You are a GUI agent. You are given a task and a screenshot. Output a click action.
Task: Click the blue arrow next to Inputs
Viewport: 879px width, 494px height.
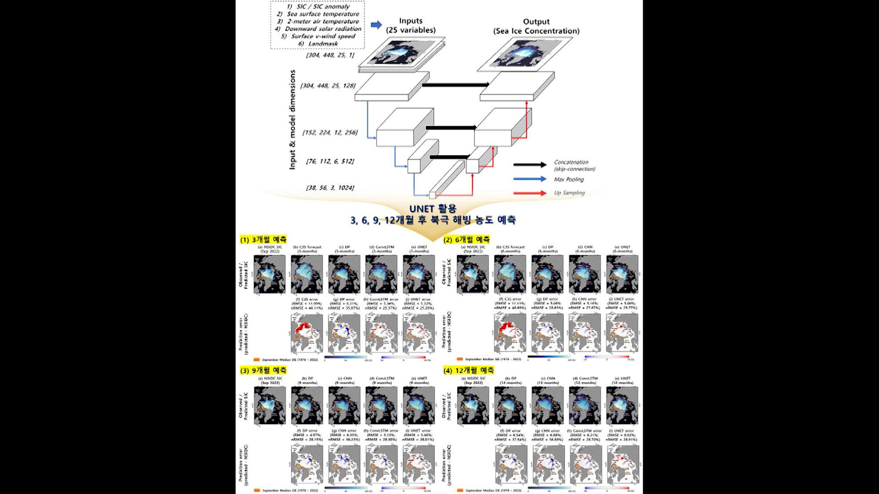click(x=376, y=25)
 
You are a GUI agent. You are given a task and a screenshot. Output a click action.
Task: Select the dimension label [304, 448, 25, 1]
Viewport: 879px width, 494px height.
click(x=330, y=55)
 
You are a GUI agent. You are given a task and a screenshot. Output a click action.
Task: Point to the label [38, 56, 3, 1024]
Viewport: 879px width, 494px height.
click(x=330, y=188)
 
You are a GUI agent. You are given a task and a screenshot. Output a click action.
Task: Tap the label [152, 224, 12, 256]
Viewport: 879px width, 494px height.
click(x=330, y=132)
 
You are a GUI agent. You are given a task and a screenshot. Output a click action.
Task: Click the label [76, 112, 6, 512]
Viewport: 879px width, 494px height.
click(x=330, y=161)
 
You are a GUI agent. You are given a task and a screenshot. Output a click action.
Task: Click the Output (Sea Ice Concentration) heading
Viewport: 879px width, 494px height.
click(x=536, y=26)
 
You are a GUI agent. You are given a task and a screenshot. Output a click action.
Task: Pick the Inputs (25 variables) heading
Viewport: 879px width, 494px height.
click(x=411, y=25)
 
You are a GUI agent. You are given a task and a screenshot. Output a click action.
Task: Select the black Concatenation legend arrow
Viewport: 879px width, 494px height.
click(x=530, y=165)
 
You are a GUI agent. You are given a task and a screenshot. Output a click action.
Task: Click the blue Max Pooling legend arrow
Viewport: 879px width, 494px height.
click(x=530, y=179)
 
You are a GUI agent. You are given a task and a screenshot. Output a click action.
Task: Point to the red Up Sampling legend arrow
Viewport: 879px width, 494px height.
click(x=530, y=193)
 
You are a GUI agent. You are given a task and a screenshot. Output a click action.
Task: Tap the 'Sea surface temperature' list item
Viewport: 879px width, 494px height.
click(x=323, y=14)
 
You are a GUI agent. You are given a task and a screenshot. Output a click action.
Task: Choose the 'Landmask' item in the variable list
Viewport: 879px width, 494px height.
click(x=323, y=43)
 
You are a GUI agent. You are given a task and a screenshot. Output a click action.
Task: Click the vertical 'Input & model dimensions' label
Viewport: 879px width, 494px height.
click(x=293, y=120)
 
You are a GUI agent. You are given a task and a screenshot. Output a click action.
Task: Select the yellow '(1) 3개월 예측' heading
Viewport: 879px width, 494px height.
click(x=263, y=239)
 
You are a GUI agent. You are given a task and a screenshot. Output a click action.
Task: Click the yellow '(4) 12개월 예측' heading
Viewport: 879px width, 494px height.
click(x=468, y=370)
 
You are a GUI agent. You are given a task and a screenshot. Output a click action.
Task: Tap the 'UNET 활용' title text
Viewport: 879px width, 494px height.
click(x=433, y=209)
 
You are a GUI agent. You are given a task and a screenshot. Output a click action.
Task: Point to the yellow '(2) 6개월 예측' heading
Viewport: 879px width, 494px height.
click(x=467, y=239)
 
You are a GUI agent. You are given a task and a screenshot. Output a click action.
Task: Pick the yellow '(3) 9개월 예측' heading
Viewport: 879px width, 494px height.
click(x=263, y=370)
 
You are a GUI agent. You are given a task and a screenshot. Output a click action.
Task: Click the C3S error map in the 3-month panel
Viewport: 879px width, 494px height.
click(x=307, y=334)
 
